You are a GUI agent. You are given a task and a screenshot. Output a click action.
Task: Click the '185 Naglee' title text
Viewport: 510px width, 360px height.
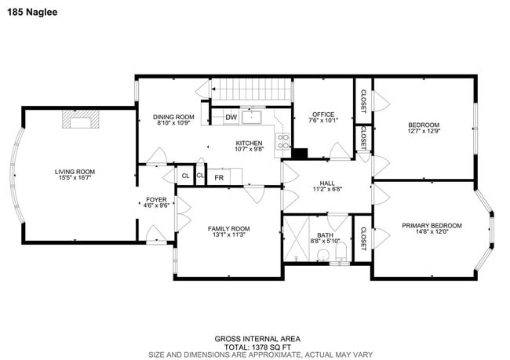(34, 13)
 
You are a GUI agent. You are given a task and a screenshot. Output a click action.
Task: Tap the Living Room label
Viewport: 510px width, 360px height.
(75, 172)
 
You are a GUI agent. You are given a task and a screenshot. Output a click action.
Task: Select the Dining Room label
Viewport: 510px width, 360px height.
(173, 117)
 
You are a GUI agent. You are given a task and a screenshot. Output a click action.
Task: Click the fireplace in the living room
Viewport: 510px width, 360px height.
(82, 119)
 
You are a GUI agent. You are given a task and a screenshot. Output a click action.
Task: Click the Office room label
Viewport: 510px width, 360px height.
(324, 114)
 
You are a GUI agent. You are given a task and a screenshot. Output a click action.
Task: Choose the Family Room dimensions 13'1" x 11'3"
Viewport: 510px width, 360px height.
(229, 235)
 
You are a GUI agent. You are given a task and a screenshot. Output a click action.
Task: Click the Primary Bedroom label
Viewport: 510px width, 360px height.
(432, 226)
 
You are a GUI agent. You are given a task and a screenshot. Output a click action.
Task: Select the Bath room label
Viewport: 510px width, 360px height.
(325, 235)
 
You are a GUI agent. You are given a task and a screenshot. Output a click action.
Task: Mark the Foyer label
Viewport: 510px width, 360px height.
(156, 200)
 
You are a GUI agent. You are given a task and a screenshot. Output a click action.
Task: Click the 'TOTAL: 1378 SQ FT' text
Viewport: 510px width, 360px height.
(255, 346)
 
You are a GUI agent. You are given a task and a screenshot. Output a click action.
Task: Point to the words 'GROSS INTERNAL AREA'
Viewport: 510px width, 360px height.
(255, 339)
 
